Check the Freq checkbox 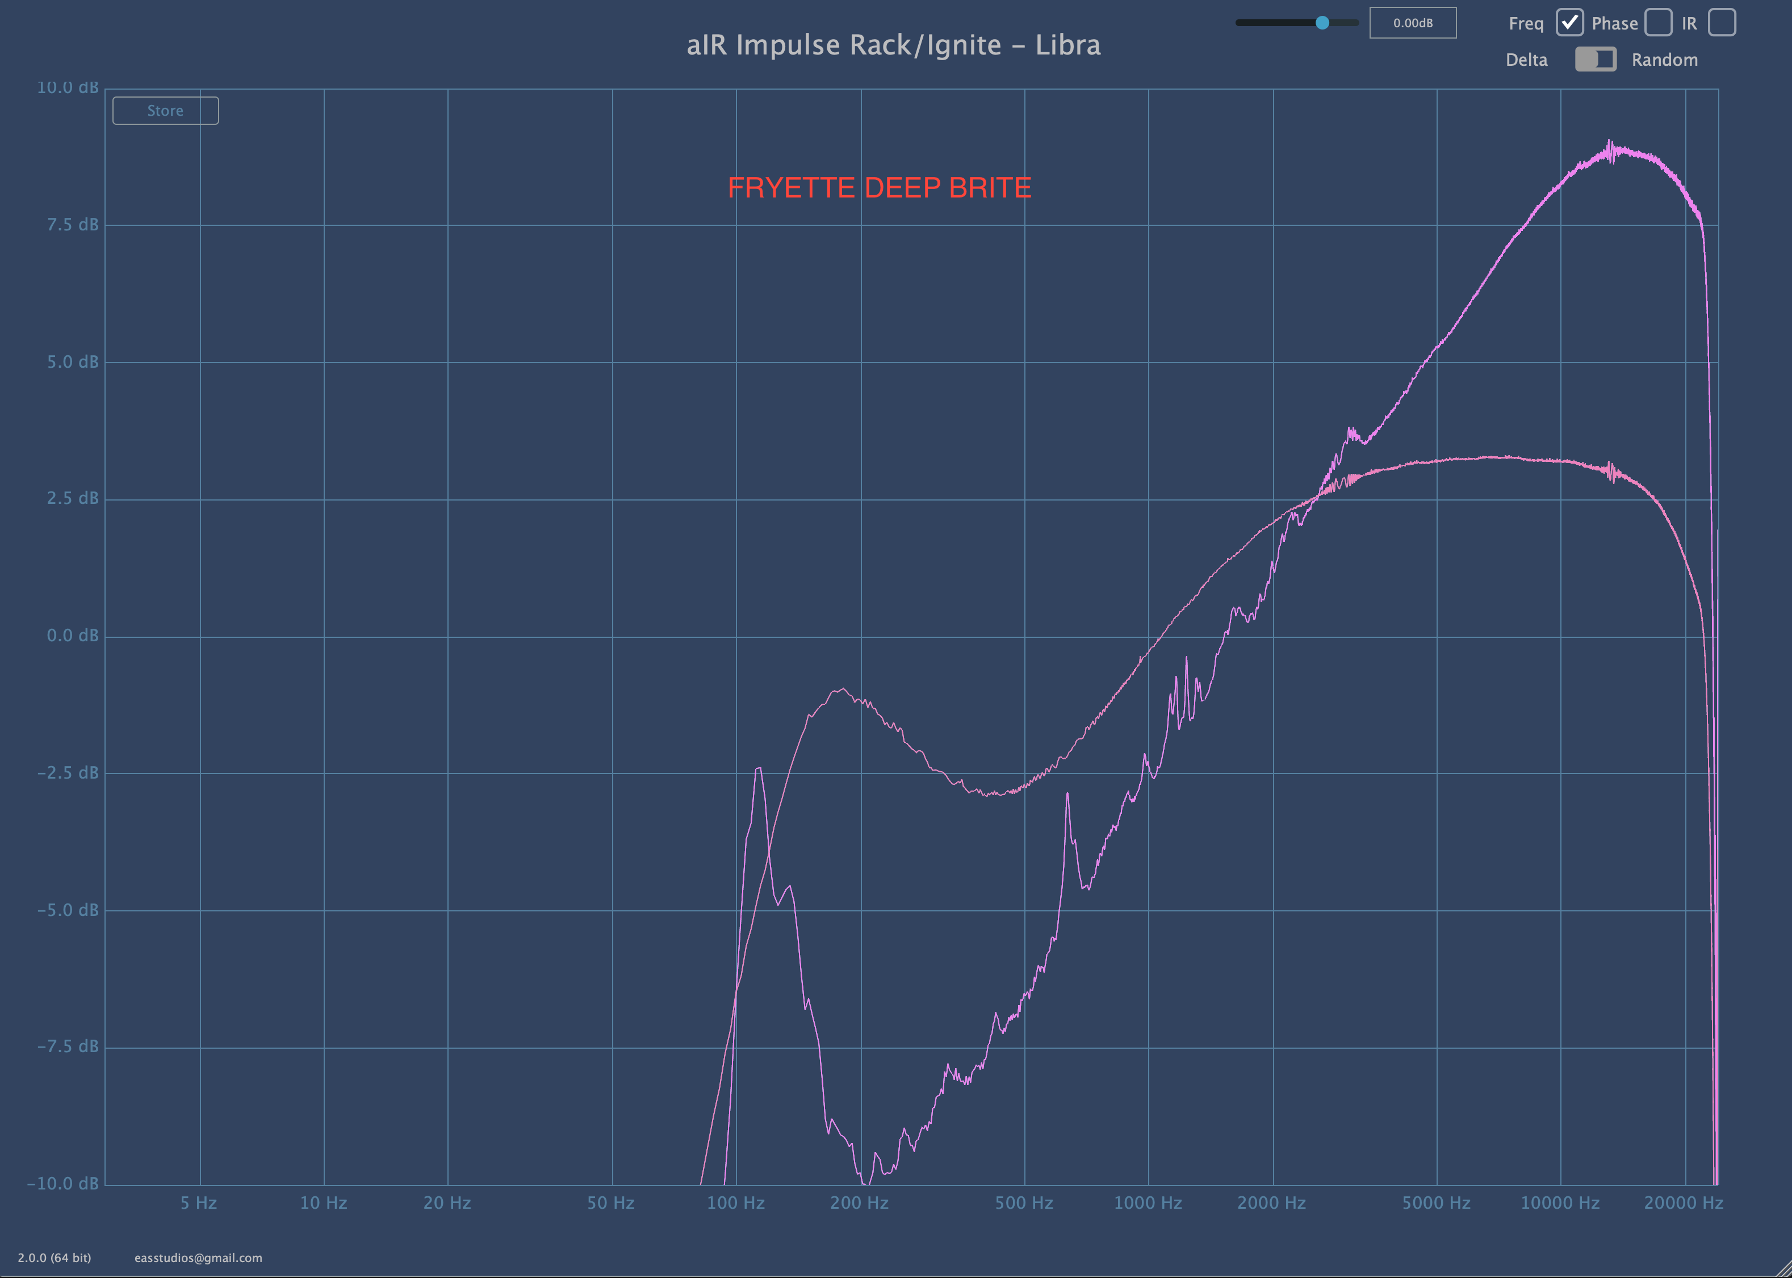point(1569,23)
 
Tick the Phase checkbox point(1658,23)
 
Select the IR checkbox point(1722,23)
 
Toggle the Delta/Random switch point(1595,60)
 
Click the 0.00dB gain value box point(1413,23)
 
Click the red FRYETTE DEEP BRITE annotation point(878,187)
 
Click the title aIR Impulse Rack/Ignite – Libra point(893,45)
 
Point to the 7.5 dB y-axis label point(73,225)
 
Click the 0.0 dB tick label point(73,636)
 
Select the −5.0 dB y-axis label point(68,910)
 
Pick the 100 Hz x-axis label point(735,1203)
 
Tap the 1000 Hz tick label point(1147,1203)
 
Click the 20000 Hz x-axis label point(1684,1203)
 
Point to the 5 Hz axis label point(198,1203)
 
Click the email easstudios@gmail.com point(198,1258)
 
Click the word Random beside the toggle point(1664,60)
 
